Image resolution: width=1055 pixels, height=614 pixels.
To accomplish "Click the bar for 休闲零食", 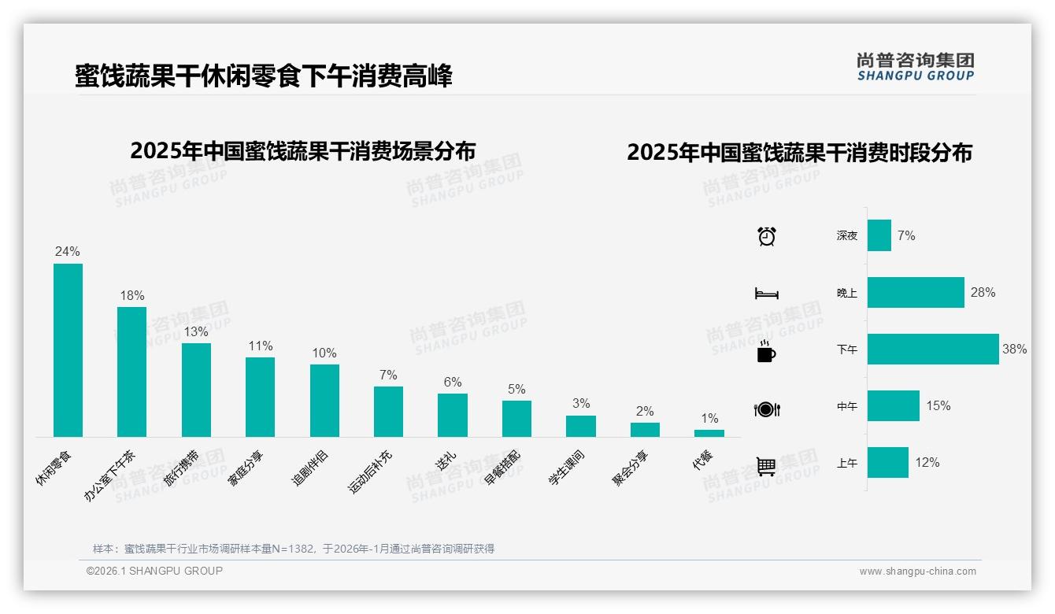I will [68, 350].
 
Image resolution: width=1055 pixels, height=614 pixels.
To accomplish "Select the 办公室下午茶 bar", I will [131, 372].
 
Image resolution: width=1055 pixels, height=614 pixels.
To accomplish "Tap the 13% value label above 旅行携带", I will [196, 331].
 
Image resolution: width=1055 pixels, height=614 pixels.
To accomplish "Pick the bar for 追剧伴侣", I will [324, 400].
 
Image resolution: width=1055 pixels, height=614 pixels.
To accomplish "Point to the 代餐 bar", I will [709, 433].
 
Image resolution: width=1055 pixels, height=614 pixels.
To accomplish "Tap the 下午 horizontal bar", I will [933, 350].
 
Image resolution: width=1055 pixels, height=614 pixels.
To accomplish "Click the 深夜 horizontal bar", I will [879, 235].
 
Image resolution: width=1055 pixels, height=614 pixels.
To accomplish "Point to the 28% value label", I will [983, 293].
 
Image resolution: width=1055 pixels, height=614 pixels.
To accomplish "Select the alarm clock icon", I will [766, 236].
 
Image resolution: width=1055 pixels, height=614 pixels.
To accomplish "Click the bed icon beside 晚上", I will [766, 294].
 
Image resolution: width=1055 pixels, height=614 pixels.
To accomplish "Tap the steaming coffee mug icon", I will [766, 351].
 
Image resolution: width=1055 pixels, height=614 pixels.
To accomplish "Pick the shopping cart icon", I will [766, 466].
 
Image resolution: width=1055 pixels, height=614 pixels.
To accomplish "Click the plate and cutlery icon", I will [766, 409].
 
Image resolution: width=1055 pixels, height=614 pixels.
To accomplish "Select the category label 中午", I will [847, 407].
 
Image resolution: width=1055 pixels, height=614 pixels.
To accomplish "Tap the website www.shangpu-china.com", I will [917, 571].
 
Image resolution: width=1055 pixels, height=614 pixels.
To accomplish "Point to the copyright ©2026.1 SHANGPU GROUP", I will [154, 571].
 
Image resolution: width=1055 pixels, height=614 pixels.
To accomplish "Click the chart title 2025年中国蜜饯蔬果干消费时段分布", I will [799, 153].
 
